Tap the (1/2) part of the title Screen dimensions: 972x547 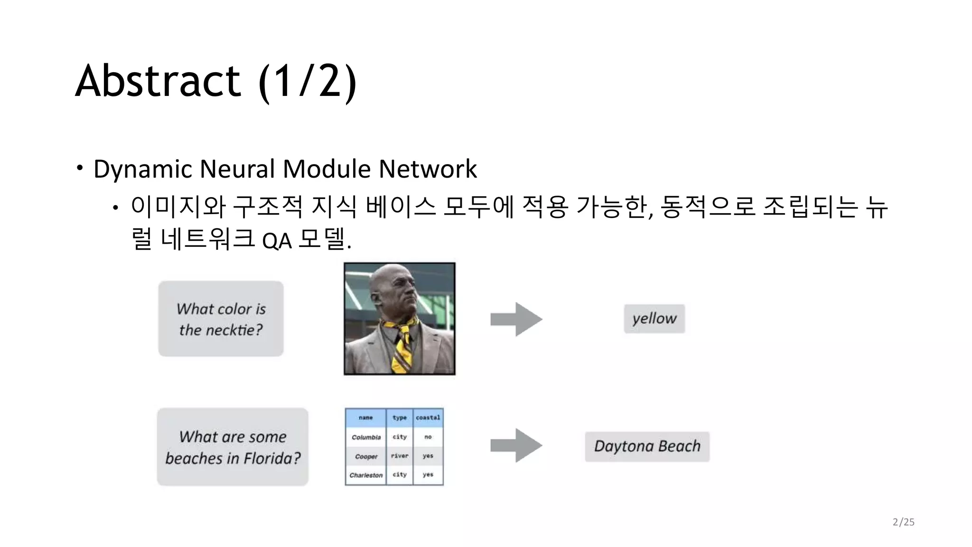308,82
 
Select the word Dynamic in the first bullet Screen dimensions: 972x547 143,170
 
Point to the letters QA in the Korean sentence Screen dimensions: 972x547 277,241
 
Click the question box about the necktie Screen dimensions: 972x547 221,319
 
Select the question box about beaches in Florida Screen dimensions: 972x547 233,447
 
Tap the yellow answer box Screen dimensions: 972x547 654,319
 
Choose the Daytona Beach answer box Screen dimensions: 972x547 647,446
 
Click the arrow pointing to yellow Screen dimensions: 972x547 516,319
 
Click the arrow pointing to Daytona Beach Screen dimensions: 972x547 516,445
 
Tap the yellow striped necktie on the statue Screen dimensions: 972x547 402,344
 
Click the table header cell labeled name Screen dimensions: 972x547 365,418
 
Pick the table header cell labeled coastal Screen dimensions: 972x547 428,418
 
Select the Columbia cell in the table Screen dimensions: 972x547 366,437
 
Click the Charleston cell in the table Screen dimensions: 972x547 366,475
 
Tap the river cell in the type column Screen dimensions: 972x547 400,456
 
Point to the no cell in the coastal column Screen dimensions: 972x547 428,437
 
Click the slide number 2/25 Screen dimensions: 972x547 903,522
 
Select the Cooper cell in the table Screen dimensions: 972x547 366,456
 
